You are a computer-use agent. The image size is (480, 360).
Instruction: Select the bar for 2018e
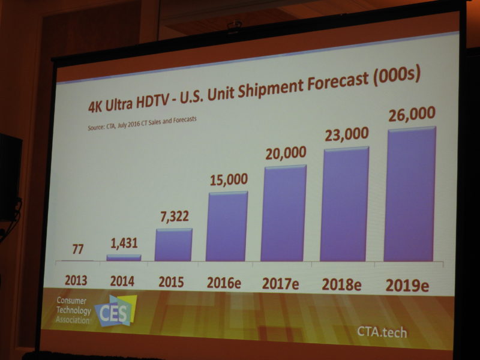click(x=346, y=204)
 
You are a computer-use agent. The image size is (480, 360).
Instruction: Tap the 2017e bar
click(x=284, y=213)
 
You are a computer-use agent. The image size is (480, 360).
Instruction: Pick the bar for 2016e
click(x=227, y=226)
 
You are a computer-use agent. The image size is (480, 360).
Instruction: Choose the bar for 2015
click(x=174, y=244)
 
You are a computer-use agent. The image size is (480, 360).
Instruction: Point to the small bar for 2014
click(x=124, y=257)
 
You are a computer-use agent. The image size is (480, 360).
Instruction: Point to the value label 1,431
click(x=124, y=242)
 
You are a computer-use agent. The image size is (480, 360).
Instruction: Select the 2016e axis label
click(x=224, y=282)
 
